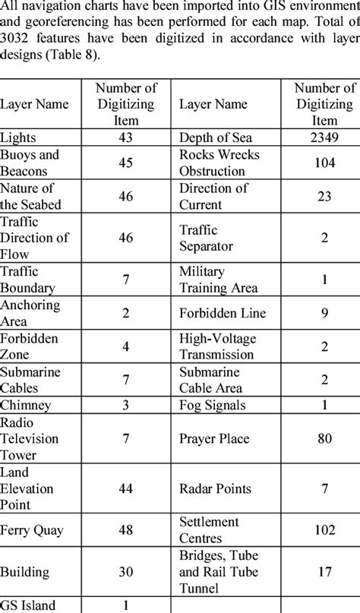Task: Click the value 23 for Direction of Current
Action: pos(324,197)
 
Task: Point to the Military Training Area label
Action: pos(219,279)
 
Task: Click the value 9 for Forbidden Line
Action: pos(324,311)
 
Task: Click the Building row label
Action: pos(25,573)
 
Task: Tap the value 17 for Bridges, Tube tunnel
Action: pos(324,573)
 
